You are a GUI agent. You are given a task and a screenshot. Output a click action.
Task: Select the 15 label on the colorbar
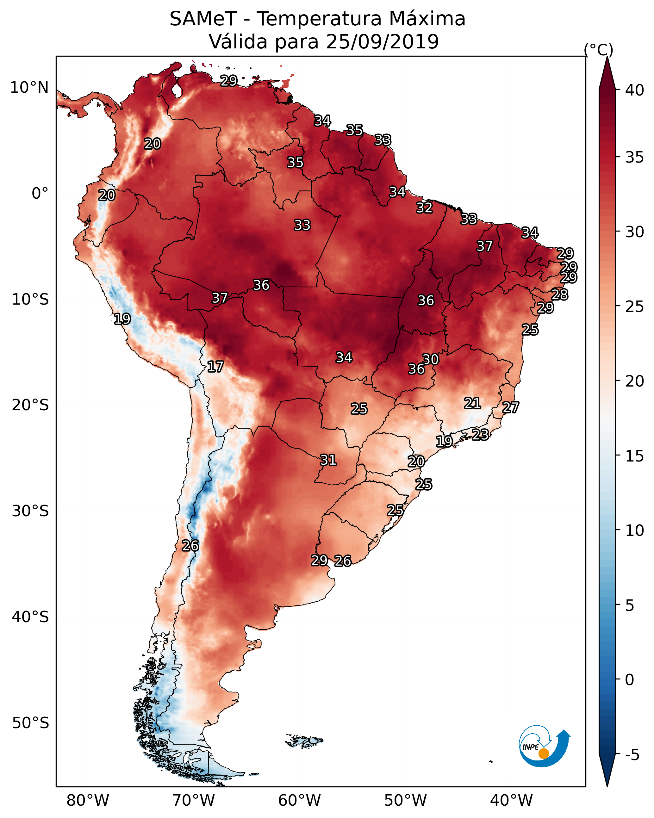tap(635, 456)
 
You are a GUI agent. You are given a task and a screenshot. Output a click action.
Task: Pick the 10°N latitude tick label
tap(29, 88)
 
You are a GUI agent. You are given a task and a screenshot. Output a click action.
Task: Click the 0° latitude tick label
tap(40, 194)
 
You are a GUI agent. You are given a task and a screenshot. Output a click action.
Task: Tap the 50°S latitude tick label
tap(30, 723)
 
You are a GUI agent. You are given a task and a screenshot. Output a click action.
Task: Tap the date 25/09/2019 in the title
tap(382, 41)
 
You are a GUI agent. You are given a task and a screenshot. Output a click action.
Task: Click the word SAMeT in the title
tap(203, 19)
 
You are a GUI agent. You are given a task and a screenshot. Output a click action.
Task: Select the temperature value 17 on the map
tap(215, 367)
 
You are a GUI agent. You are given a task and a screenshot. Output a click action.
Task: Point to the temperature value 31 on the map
tap(328, 460)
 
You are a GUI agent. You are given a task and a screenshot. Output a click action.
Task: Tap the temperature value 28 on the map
tap(560, 295)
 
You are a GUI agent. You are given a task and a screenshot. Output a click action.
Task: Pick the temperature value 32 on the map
tap(424, 208)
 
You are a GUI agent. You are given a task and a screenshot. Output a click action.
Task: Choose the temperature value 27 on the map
tap(511, 408)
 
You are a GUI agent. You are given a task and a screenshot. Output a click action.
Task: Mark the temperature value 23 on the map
tap(480, 434)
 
